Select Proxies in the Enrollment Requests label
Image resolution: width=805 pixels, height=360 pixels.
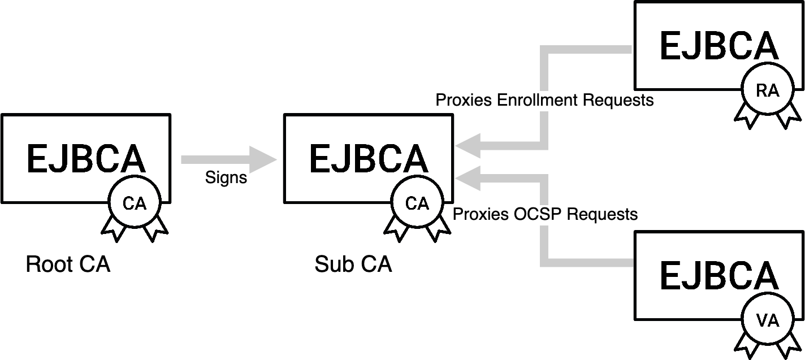[x=464, y=101]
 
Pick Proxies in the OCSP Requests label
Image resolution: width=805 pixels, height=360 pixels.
[x=482, y=215]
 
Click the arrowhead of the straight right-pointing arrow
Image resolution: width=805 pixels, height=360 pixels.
[x=263, y=160]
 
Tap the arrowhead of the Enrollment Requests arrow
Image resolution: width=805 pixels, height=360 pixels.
[x=468, y=146]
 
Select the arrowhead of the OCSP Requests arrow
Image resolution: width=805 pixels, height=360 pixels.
[x=468, y=179]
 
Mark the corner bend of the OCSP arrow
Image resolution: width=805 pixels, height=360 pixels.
[x=544, y=262]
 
